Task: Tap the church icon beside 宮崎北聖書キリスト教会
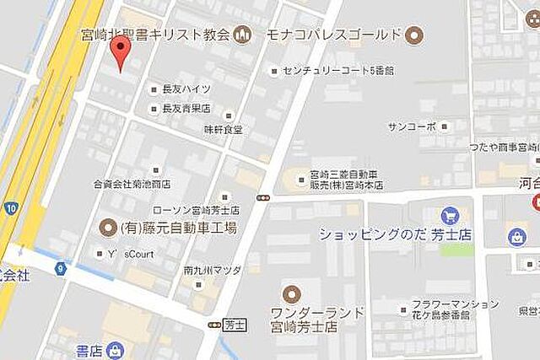click(243, 35)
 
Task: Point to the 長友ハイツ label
click(186, 89)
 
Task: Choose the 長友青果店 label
click(186, 108)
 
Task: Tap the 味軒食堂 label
click(223, 129)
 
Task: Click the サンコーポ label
click(412, 126)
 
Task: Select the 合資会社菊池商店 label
click(132, 182)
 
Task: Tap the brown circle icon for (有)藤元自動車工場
click(107, 227)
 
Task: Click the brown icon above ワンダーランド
click(291, 294)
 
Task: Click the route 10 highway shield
click(10, 207)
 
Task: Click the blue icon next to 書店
click(115, 349)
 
